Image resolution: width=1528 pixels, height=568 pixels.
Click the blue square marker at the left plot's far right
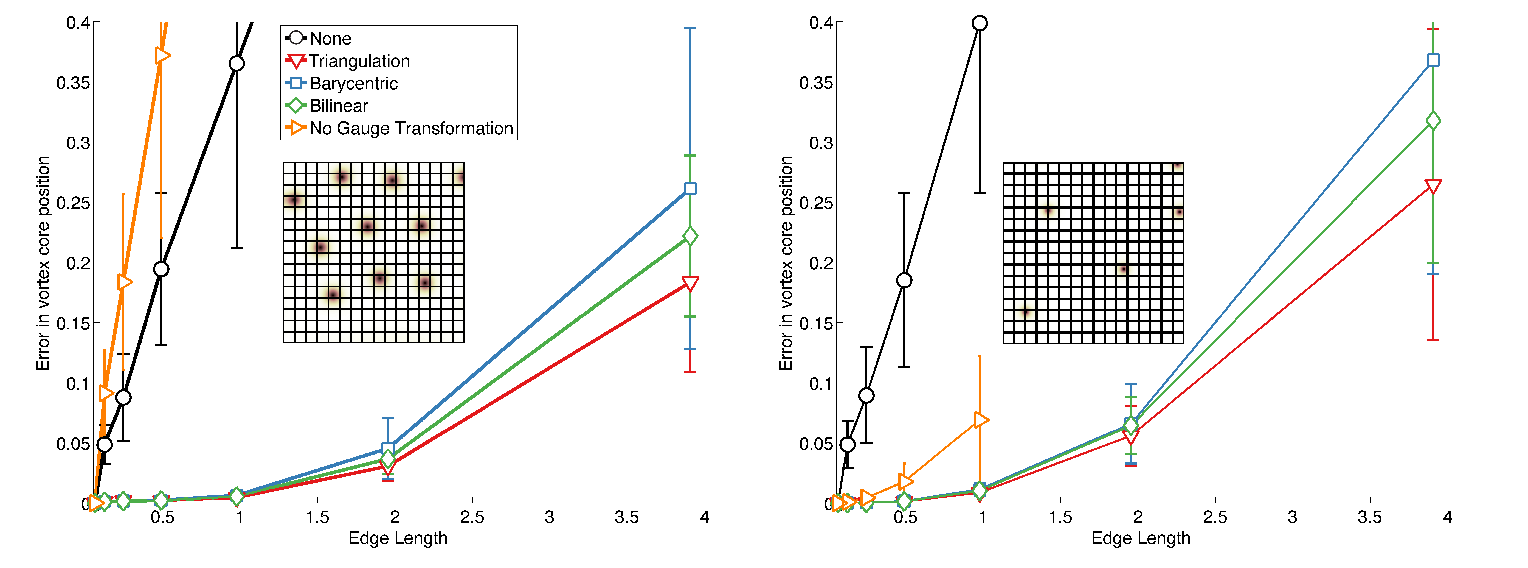tap(690, 189)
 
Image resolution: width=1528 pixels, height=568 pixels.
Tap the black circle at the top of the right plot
tap(979, 23)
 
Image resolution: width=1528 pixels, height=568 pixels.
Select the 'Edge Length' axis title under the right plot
tap(1141, 538)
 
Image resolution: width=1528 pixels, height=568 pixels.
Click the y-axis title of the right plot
tap(786, 263)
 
